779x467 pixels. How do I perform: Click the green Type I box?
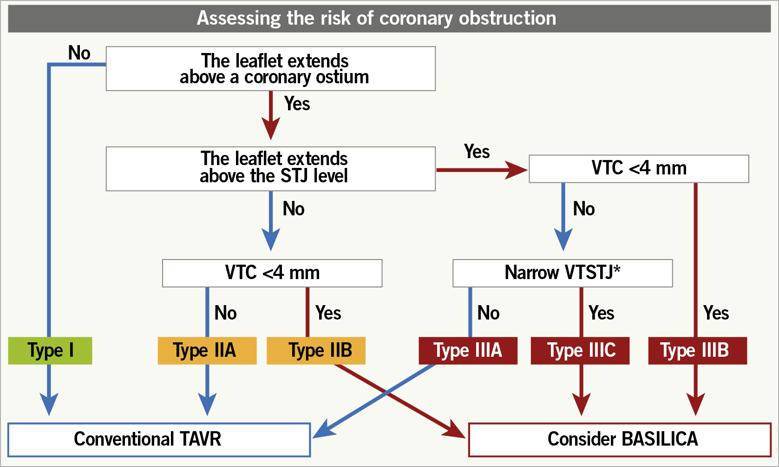(50, 350)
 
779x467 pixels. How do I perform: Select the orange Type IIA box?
(207, 350)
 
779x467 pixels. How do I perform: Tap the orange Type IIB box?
(316, 350)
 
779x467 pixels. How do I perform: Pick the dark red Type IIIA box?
(468, 350)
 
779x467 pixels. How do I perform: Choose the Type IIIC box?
(580, 350)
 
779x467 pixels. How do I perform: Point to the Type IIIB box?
(698, 350)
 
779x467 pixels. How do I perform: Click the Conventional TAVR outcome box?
(159, 440)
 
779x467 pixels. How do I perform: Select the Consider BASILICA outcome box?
(620, 440)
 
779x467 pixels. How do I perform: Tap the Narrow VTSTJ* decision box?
(563, 273)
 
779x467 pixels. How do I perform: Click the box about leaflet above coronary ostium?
(270, 68)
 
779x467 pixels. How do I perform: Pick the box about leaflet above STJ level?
(270, 168)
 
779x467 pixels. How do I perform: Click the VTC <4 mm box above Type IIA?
(272, 273)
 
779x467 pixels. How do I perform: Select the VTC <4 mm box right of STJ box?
(639, 168)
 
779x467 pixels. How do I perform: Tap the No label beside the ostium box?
(79, 53)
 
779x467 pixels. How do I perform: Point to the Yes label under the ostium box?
(297, 103)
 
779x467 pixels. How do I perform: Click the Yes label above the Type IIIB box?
(716, 313)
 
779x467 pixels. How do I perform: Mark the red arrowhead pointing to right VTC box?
(517, 170)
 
